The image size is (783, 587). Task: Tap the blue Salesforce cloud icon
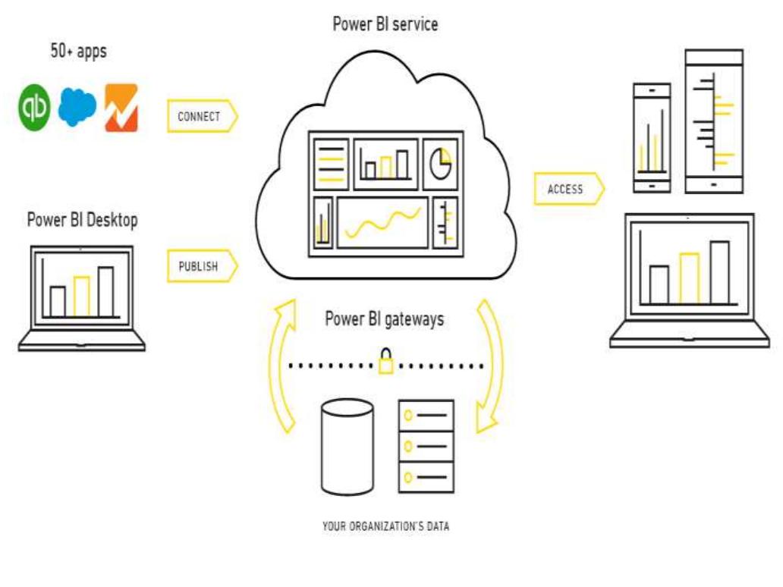pyautogui.click(x=77, y=107)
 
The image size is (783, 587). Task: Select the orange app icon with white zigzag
pyautogui.click(x=121, y=108)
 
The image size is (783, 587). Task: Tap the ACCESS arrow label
pyautogui.click(x=568, y=189)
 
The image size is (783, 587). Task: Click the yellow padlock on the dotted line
pyautogui.click(x=386, y=363)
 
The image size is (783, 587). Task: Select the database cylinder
pyautogui.click(x=347, y=447)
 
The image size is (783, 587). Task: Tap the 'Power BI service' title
pyautogui.click(x=385, y=24)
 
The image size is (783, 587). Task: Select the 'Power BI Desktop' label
pyautogui.click(x=82, y=220)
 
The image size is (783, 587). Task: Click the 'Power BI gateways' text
pyautogui.click(x=385, y=319)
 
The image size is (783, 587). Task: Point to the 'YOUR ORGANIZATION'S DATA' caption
pyautogui.click(x=385, y=525)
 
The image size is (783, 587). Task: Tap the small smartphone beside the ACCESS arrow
pyautogui.click(x=652, y=137)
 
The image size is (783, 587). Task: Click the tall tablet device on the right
pyautogui.click(x=713, y=121)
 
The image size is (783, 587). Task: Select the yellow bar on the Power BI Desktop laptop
pyautogui.click(x=82, y=296)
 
